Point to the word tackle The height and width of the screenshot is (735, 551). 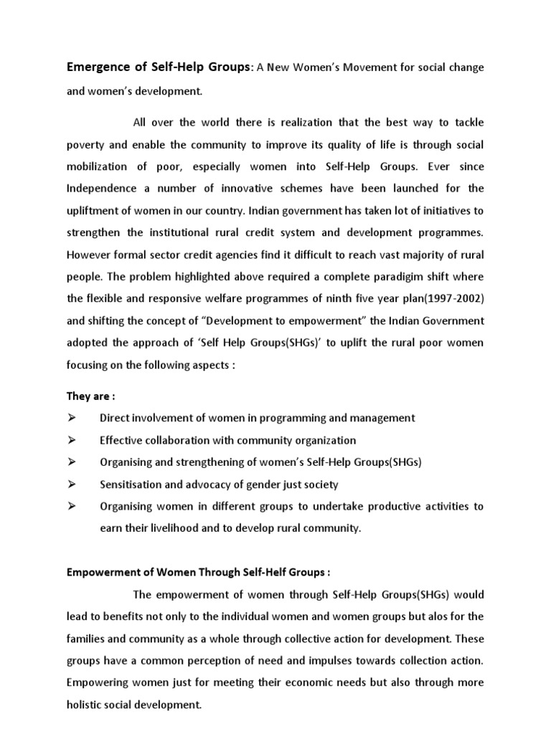coord(467,121)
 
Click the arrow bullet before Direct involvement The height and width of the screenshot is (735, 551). coord(71,417)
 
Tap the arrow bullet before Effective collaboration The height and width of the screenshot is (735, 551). coord(71,440)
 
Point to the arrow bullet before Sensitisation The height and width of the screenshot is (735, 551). coord(71,484)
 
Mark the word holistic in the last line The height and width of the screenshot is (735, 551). coord(85,706)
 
